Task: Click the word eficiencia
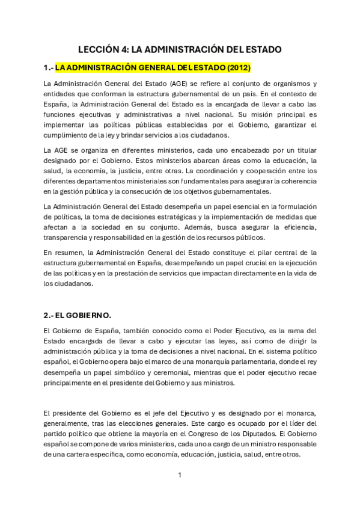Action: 295,227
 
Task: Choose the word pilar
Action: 255,253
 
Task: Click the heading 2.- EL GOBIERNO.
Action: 78,315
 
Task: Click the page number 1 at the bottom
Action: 180,475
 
